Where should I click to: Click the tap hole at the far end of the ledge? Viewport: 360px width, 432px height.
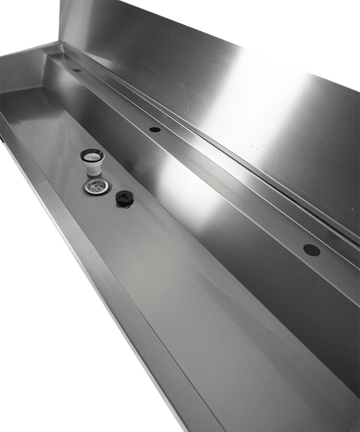tap(77, 70)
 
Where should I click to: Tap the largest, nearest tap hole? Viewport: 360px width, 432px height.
tap(311, 250)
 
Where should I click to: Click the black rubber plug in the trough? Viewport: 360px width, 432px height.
tap(124, 198)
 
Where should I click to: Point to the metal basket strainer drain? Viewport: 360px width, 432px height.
tap(95, 186)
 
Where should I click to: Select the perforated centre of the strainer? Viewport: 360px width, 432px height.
tap(95, 186)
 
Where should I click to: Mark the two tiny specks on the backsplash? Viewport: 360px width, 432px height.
tap(253, 146)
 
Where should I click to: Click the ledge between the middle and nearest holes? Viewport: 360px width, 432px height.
tap(231, 189)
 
